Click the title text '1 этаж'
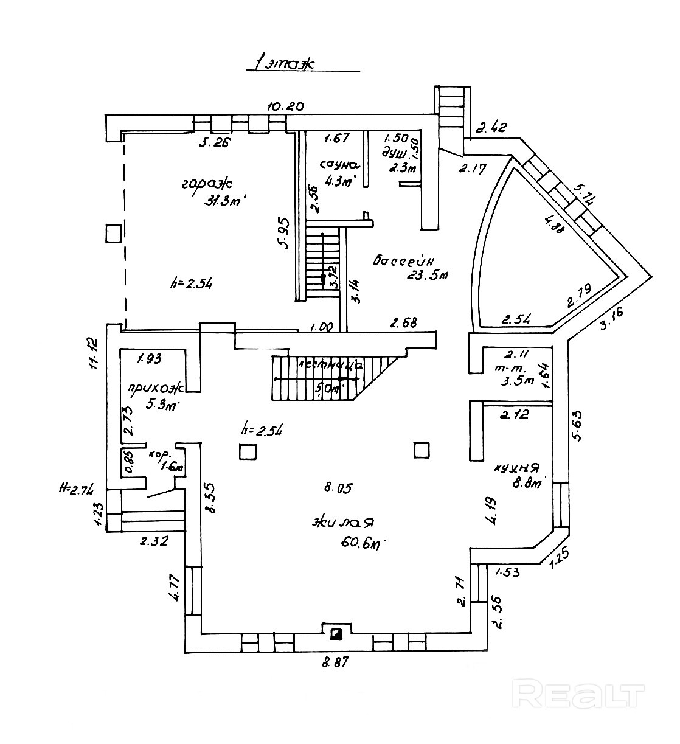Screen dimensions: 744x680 coord(285,63)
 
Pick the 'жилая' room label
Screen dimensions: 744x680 coord(342,523)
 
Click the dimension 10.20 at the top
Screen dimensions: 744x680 coord(285,106)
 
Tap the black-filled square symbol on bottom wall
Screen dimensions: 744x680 coord(336,634)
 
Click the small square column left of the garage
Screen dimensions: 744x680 coord(113,233)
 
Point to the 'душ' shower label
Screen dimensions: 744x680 coord(394,153)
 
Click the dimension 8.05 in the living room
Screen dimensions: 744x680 coord(338,487)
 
